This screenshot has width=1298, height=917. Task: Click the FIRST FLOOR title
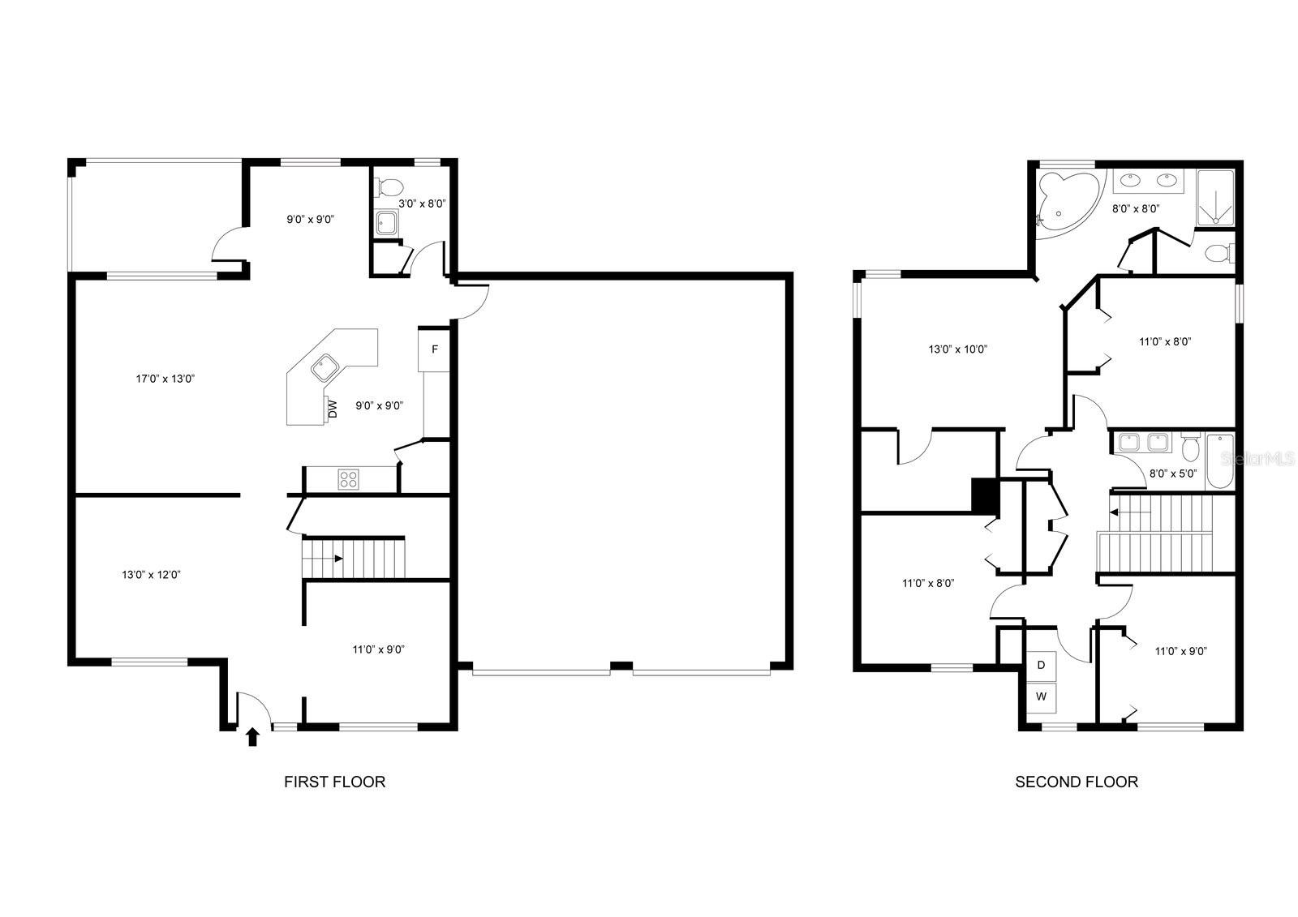[x=334, y=782]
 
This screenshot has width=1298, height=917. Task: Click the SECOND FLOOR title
[x=1077, y=782]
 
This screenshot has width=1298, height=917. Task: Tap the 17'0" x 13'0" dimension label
[x=165, y=379]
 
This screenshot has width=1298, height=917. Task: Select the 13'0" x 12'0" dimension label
[x=151, y=575]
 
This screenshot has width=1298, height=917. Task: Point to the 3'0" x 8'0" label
[x=422, y=204]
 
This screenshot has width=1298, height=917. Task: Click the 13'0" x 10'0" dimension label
[x=958, y=349]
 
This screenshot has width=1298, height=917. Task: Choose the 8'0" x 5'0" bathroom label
[x=1173, y=473]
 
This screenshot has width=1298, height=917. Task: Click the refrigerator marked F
[x=434, y=350]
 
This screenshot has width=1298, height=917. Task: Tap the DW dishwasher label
[x=333, y=409]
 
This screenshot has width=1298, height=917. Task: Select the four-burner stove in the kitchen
[x=348, y=479]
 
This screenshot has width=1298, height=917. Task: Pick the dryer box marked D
[x=1042, y=666]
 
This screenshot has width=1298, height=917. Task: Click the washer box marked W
[x=1042, y=697]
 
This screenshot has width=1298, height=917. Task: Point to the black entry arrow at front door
[x=252, y=737]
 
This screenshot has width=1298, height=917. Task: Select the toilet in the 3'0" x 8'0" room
[x=389, y=187]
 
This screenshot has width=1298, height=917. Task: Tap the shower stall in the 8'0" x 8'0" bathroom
[x=1215, y=198]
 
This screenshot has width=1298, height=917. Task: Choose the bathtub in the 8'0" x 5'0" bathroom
[x=1220, y=461]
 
